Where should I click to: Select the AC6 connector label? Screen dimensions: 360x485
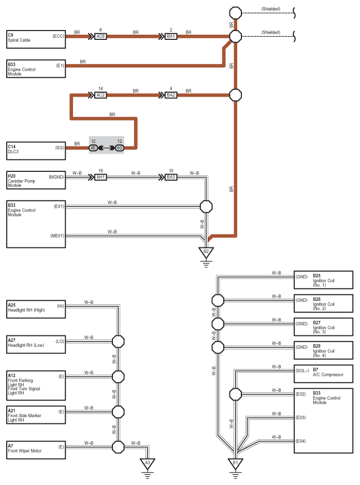coord(100,37)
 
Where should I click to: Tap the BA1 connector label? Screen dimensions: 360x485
coord(171,37)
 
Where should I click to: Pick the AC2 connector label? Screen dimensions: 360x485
coord(100,95)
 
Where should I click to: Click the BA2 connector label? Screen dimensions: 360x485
coord(171,95)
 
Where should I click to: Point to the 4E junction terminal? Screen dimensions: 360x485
coord(93,148)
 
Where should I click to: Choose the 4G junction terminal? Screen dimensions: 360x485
coord(120,148)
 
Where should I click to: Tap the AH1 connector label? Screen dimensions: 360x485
coord(100,177)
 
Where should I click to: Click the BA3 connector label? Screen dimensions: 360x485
coord(171,177)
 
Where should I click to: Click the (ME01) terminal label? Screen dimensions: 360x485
coord(57,236)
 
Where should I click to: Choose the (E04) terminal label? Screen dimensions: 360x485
coord(300,441)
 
